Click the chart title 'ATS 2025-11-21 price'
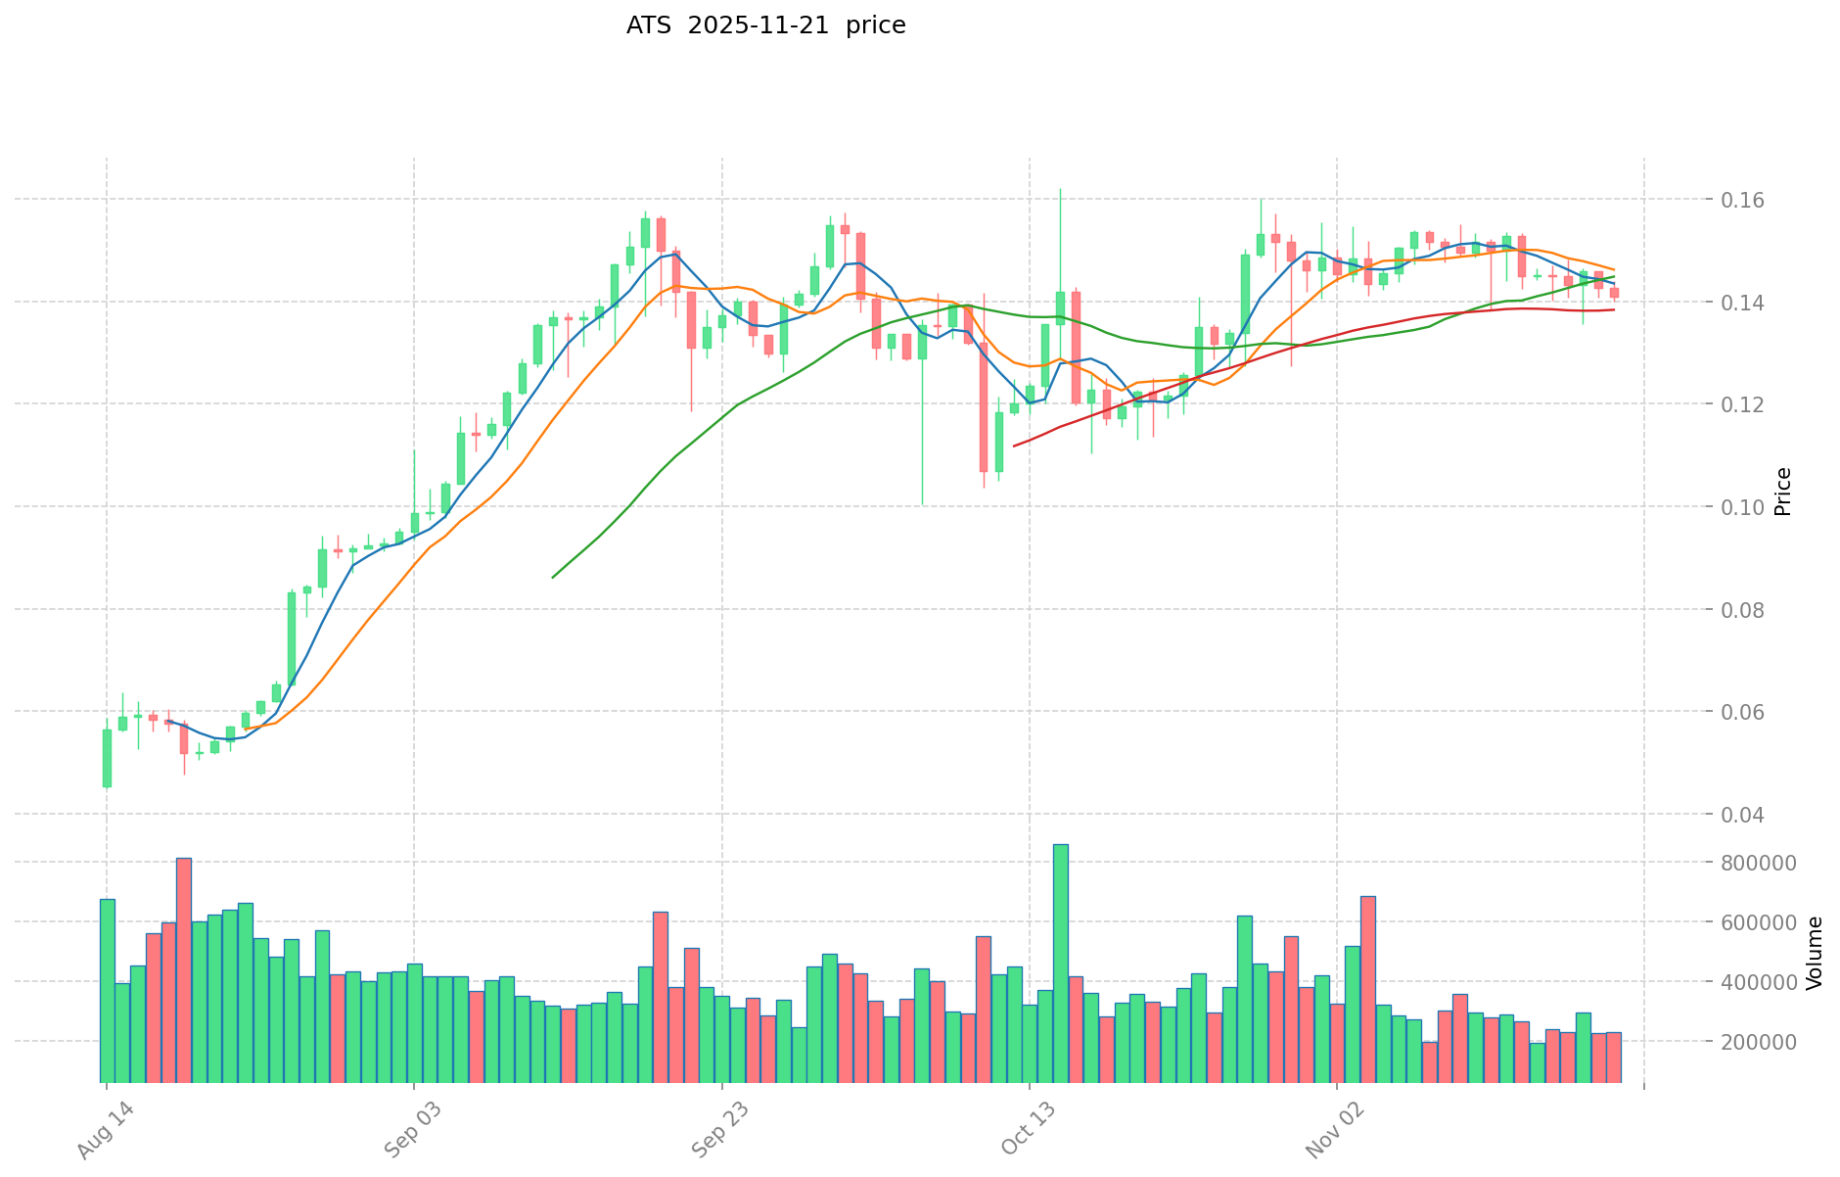coord(765,25)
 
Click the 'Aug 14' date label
coord(98,1136)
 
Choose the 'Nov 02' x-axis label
coord(1328,1136)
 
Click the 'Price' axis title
coord(1783,492)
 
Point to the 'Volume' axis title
coord(1815,952)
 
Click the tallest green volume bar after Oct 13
coord(1060,963)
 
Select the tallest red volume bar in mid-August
coord(184,969)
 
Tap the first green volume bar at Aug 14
coord(107,989)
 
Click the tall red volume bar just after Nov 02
coord(1367,988)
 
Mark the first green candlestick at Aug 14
coord(107,758)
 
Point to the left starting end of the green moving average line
coord(553,578)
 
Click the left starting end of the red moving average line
coord(1014,446)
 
